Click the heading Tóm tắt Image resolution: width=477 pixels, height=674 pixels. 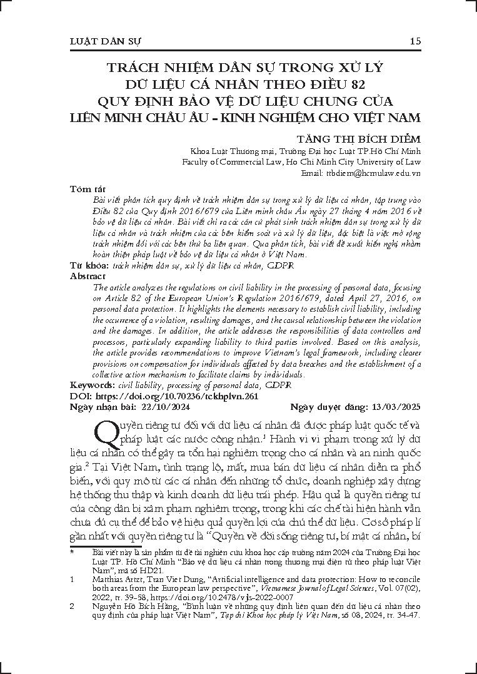click(84, 188)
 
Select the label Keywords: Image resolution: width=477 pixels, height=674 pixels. click(92, 385)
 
